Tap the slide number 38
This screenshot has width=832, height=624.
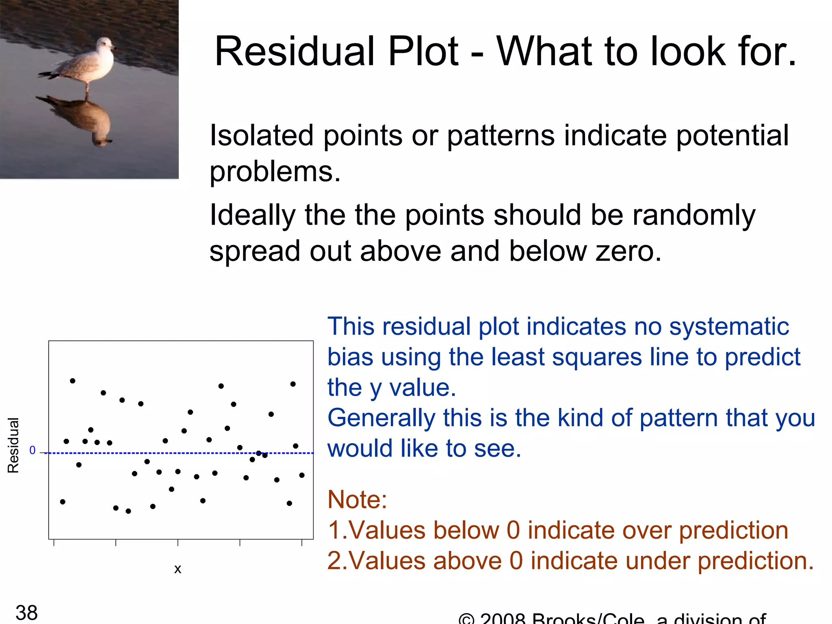[x=26, y=612]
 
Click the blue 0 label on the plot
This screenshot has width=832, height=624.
[x=32, y=450]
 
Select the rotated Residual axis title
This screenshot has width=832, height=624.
[x=13, y=445]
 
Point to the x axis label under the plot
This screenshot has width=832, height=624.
[x=178, y=569]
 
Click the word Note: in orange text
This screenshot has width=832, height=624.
[x=357, y=499]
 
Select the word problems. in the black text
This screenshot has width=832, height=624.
[x=275, y=171]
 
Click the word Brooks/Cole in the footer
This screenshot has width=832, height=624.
[x=588, y=619]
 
